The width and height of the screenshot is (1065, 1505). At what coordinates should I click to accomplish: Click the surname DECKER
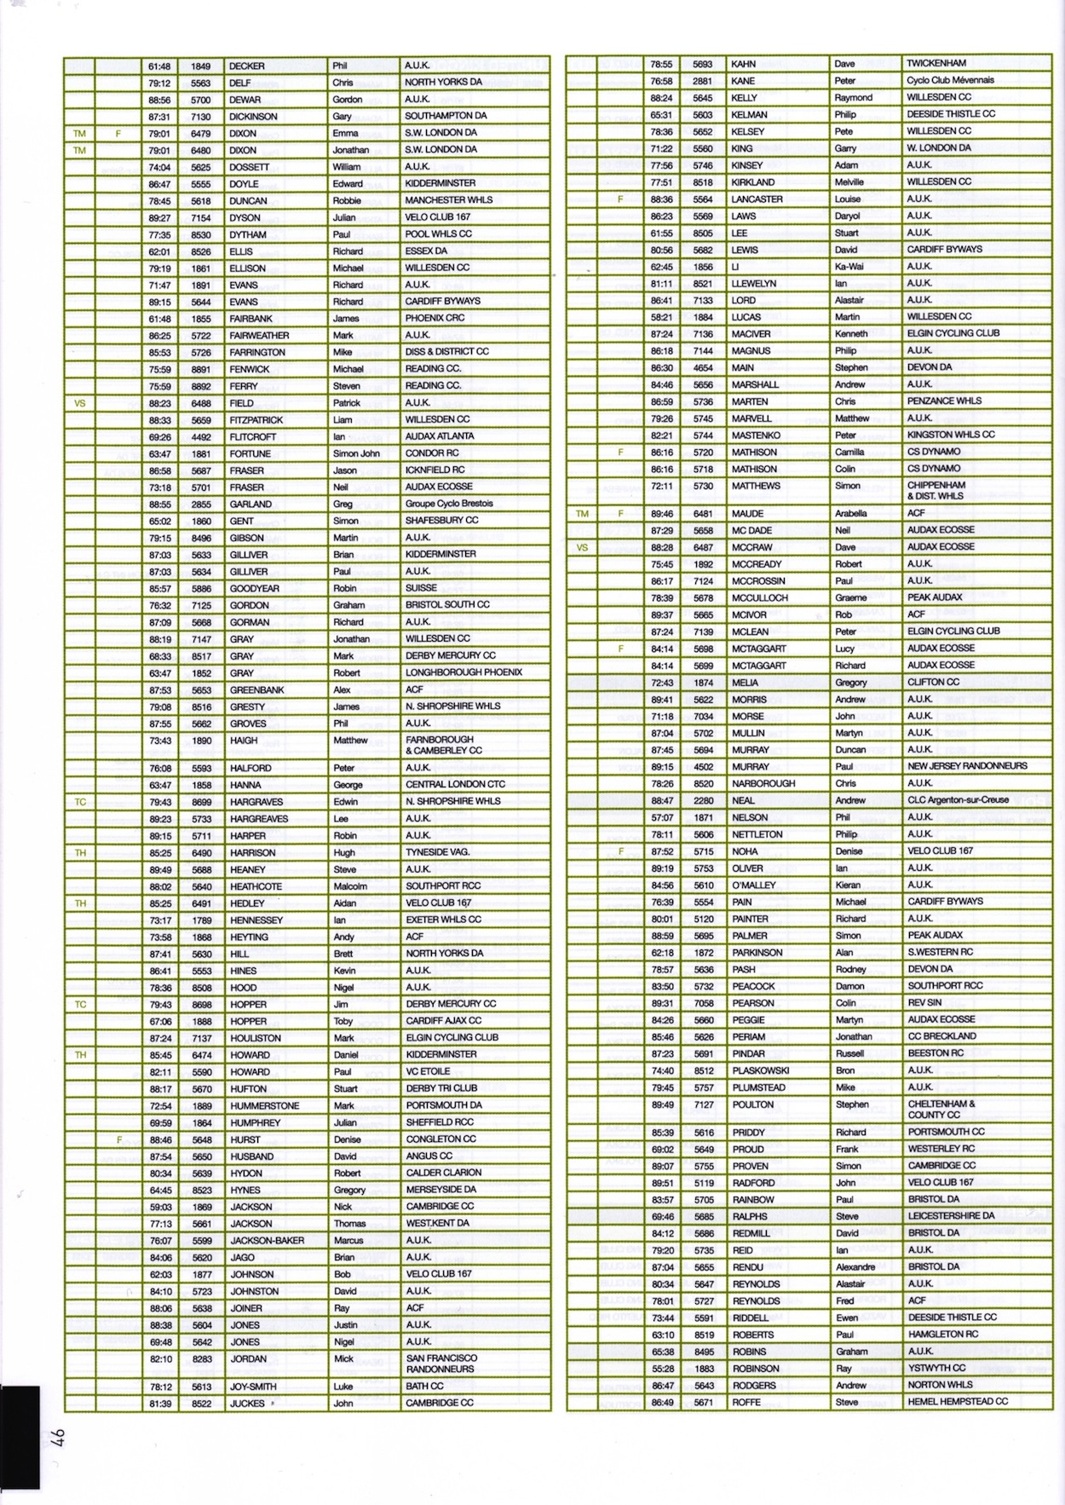(246, 66)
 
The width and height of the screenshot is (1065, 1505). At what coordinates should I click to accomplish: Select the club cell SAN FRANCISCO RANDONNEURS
(440, 1364)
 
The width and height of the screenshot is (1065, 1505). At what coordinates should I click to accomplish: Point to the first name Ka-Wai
(849, 266)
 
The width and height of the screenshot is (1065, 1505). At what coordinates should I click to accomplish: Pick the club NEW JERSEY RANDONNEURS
(967, 766)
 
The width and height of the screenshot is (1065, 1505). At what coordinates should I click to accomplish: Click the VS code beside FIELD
(80, 403)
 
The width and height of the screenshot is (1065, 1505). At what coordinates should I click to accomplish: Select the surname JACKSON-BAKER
(267, 1241)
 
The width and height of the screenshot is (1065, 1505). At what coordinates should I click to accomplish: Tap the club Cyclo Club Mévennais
(950, 80)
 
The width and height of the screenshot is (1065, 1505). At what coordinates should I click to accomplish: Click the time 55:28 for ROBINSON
(661, 1369)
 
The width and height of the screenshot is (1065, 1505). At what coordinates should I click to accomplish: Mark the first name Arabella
(851, 513)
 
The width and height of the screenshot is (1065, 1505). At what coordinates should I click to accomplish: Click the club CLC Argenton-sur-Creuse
(958, 800)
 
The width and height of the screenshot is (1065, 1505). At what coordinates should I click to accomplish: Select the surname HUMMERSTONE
(264, 1105)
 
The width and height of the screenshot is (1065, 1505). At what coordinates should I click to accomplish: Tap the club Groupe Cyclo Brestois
(449, 504)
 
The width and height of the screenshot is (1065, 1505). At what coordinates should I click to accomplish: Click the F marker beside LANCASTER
(620, 199)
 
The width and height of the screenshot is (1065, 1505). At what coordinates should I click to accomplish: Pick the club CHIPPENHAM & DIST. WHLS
(935, 490)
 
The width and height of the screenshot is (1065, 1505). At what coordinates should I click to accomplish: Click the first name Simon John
(356, 453)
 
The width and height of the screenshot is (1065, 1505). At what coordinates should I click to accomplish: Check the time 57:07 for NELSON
(661, 817)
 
